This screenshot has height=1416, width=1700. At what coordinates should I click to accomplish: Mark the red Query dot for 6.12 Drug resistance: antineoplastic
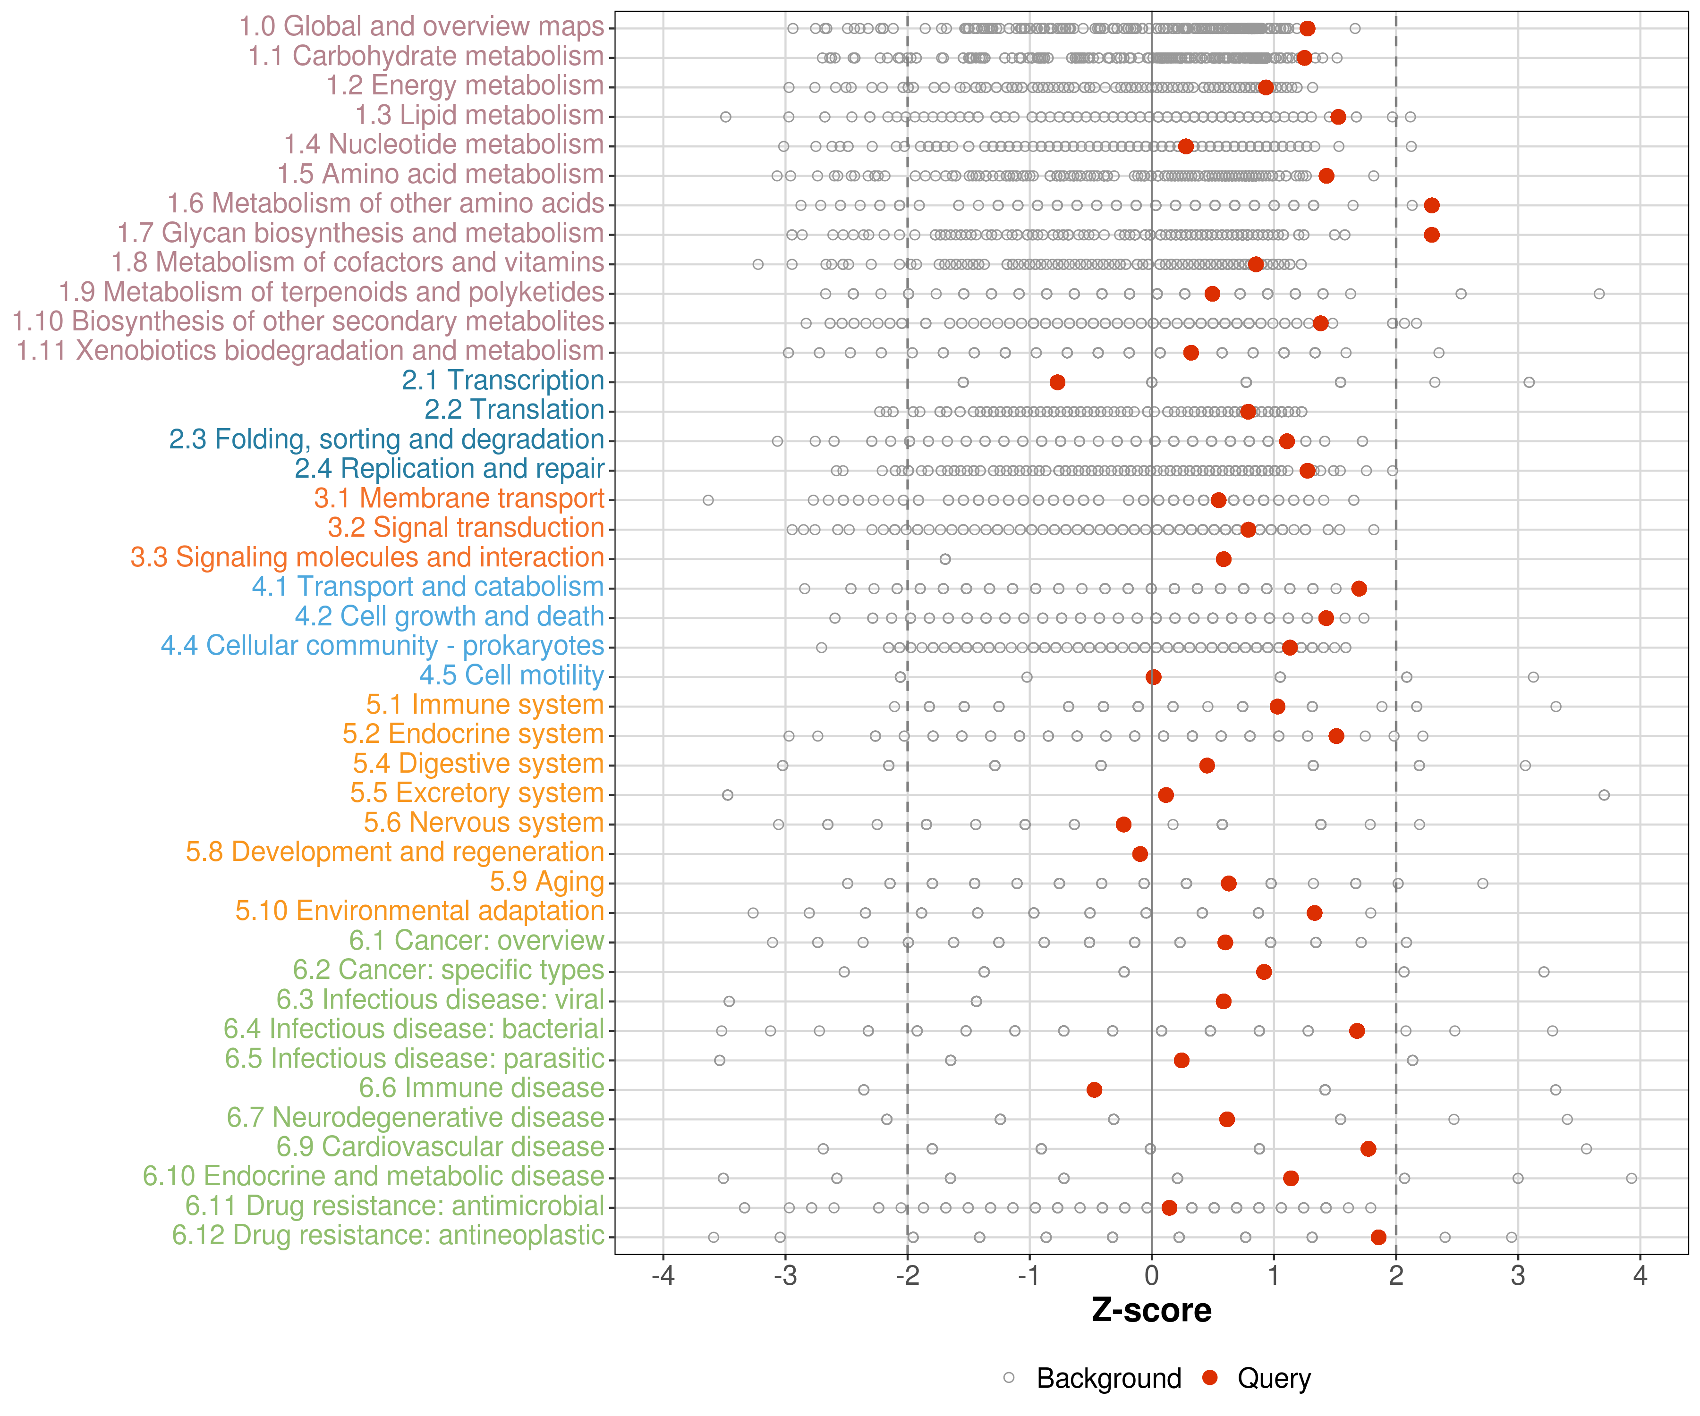click(x=1378, y=1237)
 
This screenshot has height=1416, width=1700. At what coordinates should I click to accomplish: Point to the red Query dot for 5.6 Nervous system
click(x=1123, y=825)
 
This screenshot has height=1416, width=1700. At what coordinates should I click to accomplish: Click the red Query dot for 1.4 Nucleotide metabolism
click(x=1185, y=146)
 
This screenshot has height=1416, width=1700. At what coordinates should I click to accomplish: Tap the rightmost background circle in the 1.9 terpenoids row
click(x=1599, y=294)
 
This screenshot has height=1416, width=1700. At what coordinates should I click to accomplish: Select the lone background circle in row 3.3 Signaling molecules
click(x=945, y=559)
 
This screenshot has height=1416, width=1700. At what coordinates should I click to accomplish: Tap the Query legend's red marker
click(x=1210, y=1377)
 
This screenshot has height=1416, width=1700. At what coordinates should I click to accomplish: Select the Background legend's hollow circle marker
click(x=1009, y=1377)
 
